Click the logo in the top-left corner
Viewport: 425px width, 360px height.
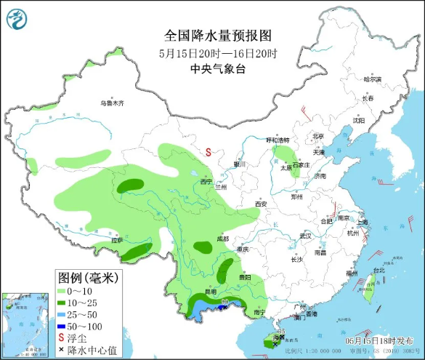pos(15,17)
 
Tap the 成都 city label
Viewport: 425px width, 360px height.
pos(222,239)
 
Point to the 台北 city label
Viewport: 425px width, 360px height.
pos(378,271)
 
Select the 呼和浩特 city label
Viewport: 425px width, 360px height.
pos(278,140)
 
